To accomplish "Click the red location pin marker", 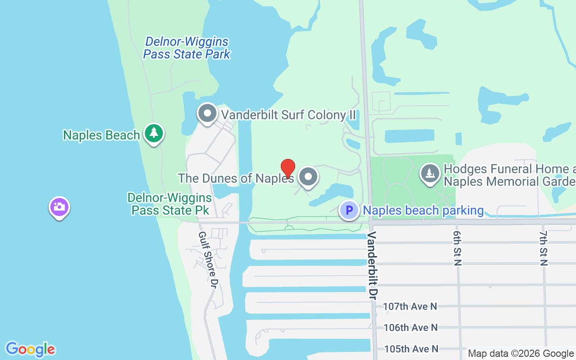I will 288,169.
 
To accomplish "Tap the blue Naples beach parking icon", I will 349,211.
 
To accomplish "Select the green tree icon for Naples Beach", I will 154,133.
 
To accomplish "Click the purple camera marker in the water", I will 59,207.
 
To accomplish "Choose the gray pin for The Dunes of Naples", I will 308,177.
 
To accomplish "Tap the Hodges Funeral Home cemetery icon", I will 430,173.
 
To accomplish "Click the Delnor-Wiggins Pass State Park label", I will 187,48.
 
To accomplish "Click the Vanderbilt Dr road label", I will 372,263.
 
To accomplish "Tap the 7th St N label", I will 543,248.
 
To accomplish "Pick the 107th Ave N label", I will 410,306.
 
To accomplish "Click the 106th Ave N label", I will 410,328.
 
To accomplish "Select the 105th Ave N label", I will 410,349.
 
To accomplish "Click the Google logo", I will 30,349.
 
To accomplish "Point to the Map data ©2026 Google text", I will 521,354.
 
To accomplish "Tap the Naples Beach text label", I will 101,135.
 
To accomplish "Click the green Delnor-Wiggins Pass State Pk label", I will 169,204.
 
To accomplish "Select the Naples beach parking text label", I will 423,211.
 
